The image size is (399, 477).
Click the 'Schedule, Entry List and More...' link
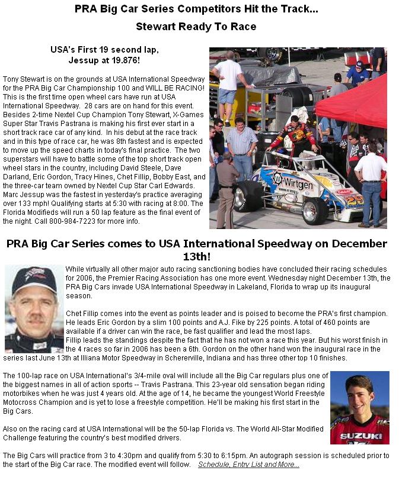pyautogui.click(x=248, y=465)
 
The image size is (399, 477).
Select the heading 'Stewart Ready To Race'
pyautogui.click(x=196, y=27)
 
